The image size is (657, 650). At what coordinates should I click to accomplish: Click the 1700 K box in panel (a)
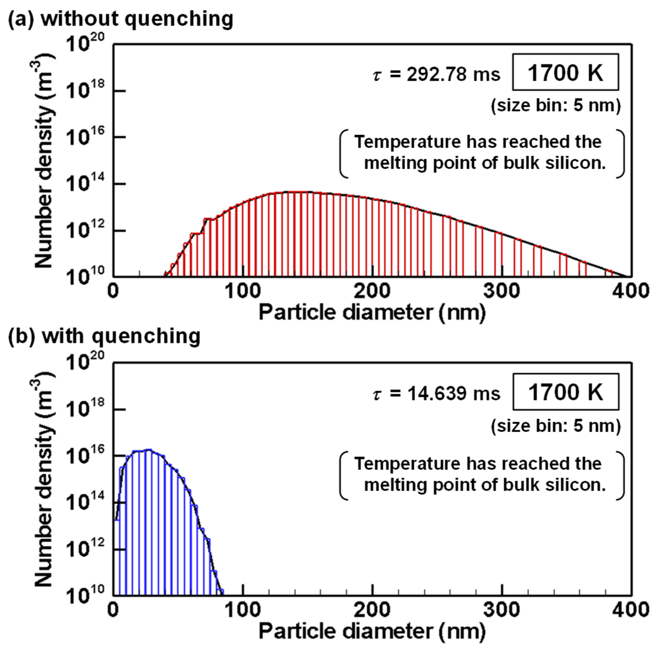[565, 72]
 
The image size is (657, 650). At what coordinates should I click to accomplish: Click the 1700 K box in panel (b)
[565, 392]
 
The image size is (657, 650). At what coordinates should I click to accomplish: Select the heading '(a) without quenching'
[121, 19]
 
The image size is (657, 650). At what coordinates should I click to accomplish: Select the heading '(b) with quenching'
[104, 336]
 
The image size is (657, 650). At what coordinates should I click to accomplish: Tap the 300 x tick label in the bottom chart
[502, 610]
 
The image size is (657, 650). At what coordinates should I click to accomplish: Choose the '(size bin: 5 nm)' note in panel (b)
[556, 426]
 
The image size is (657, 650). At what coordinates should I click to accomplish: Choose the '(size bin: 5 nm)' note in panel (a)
[556, 106]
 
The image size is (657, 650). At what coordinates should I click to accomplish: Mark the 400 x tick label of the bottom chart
[631, 610]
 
